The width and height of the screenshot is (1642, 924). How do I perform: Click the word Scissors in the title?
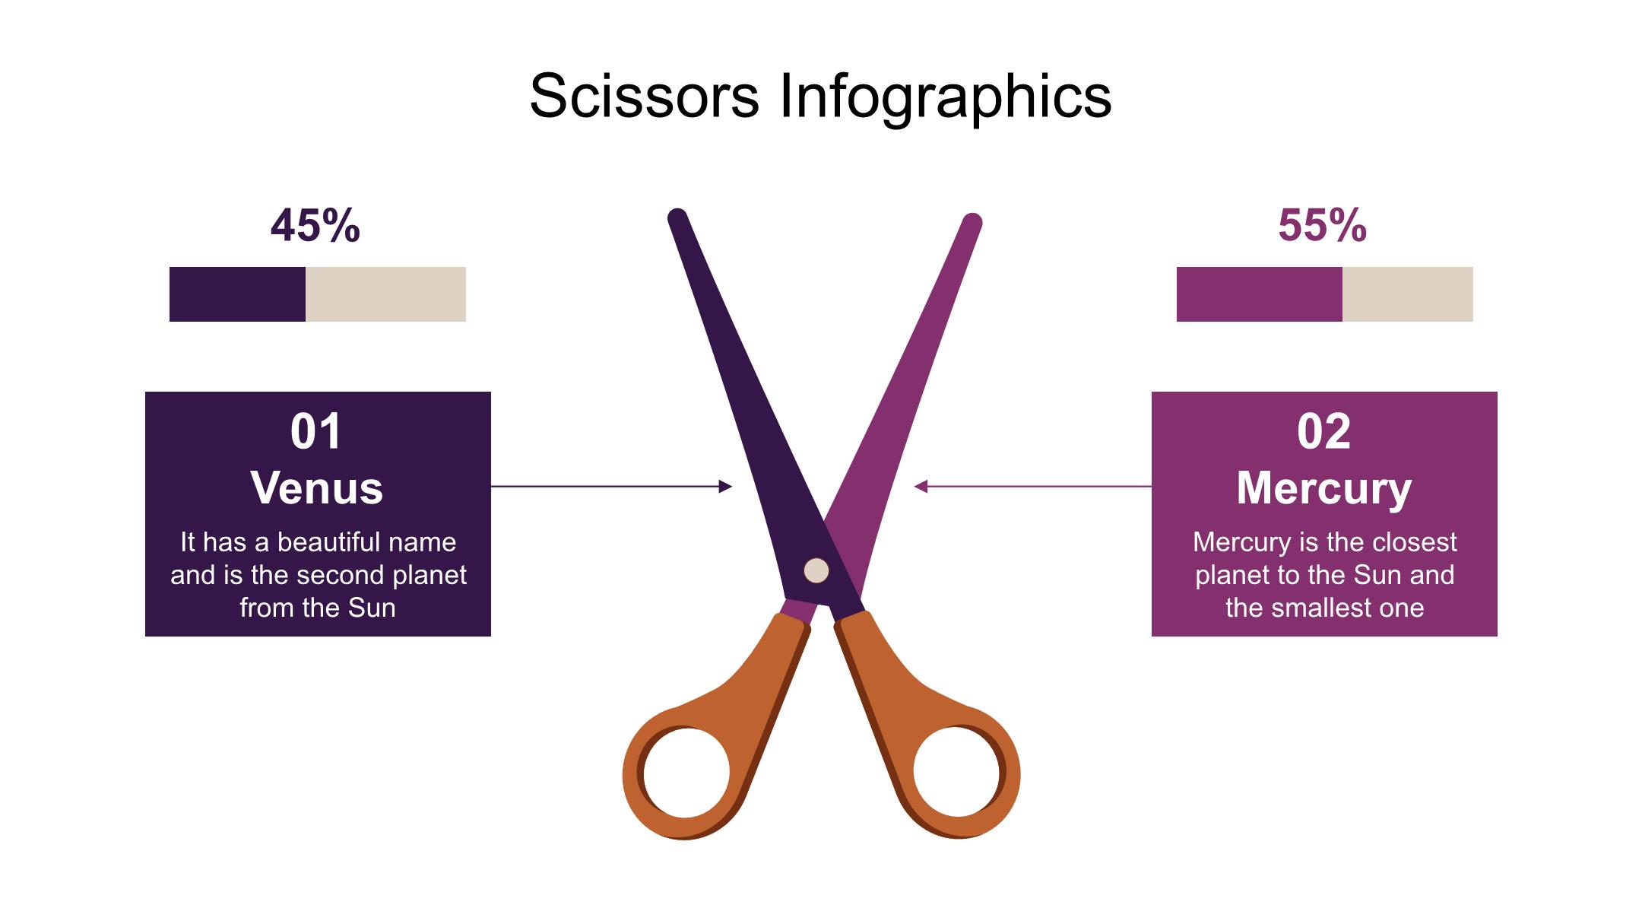(645, 96)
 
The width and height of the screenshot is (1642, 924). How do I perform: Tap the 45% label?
(315, 225)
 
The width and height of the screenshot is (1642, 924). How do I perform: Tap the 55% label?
(1323, 225)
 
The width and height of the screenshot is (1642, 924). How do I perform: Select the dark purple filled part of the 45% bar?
(237, 294)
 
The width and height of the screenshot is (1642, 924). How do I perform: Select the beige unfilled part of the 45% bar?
(385, 294)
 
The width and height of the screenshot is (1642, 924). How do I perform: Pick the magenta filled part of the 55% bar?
(1260, 294)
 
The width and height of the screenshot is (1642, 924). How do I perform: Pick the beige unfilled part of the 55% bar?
(1408, 294)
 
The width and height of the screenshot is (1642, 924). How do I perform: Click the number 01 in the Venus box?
(316, 431)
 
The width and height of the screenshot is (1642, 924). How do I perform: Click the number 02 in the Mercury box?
(1324, 431)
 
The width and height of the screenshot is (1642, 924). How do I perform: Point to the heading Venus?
(317, 487)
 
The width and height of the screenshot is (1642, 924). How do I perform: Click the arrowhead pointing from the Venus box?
(726, 486)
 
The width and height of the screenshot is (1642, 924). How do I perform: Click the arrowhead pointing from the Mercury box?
(921, 486)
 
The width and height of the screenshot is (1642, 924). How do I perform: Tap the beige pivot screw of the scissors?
(816, 570)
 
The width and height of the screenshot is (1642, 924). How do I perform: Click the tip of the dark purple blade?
(677, 215)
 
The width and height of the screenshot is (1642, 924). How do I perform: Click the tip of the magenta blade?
(973, 221)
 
